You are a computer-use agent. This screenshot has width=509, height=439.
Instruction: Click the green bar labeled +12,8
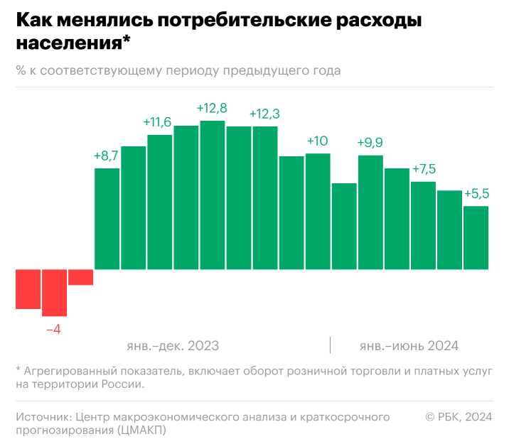click(x=213, y=195)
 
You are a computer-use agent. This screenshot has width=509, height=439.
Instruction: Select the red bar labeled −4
click(x=54, y=293)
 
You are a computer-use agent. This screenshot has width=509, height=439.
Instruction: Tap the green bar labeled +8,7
click(x=107, y=219)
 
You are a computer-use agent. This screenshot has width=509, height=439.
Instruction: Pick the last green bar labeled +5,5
click(x=476, y=238)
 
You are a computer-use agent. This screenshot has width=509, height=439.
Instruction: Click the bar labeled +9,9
click(x=370, y=212)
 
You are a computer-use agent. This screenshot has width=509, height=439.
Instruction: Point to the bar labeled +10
click(x=318, y=212)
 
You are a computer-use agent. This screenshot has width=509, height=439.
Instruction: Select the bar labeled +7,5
click(x=423, y=226)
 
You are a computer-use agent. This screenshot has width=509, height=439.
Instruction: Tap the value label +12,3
click(x=264, y=114)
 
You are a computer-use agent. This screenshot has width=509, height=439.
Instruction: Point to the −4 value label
click(x=53, y=329)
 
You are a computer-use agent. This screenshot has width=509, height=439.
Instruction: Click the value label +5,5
click(x=476, y=194)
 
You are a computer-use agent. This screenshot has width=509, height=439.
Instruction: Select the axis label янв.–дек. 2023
click(x=173, y=346)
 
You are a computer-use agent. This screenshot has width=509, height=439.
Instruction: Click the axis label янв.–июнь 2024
click(x=409, y=346)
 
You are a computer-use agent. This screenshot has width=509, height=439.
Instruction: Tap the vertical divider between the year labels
click(x=330, y=345)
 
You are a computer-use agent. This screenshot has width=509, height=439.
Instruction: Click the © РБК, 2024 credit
click(x=459, y=416)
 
